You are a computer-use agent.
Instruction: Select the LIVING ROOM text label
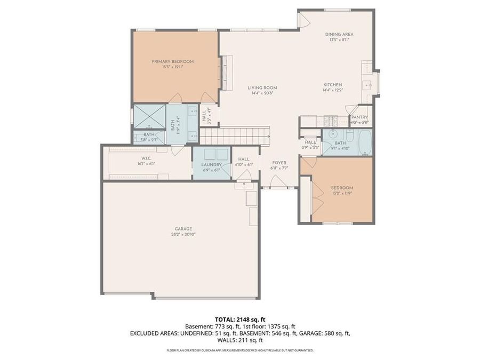pos(262,87)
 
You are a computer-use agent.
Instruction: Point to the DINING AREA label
pos(339,34)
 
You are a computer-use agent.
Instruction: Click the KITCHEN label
pos(332,85)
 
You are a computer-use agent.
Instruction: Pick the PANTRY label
pos(359,117)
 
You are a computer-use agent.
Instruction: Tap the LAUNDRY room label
pos(211,165)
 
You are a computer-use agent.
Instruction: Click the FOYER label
pos(279,162)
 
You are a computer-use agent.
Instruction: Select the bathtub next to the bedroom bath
pos(364,142)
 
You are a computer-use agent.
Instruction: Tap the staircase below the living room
pos(235,135)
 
